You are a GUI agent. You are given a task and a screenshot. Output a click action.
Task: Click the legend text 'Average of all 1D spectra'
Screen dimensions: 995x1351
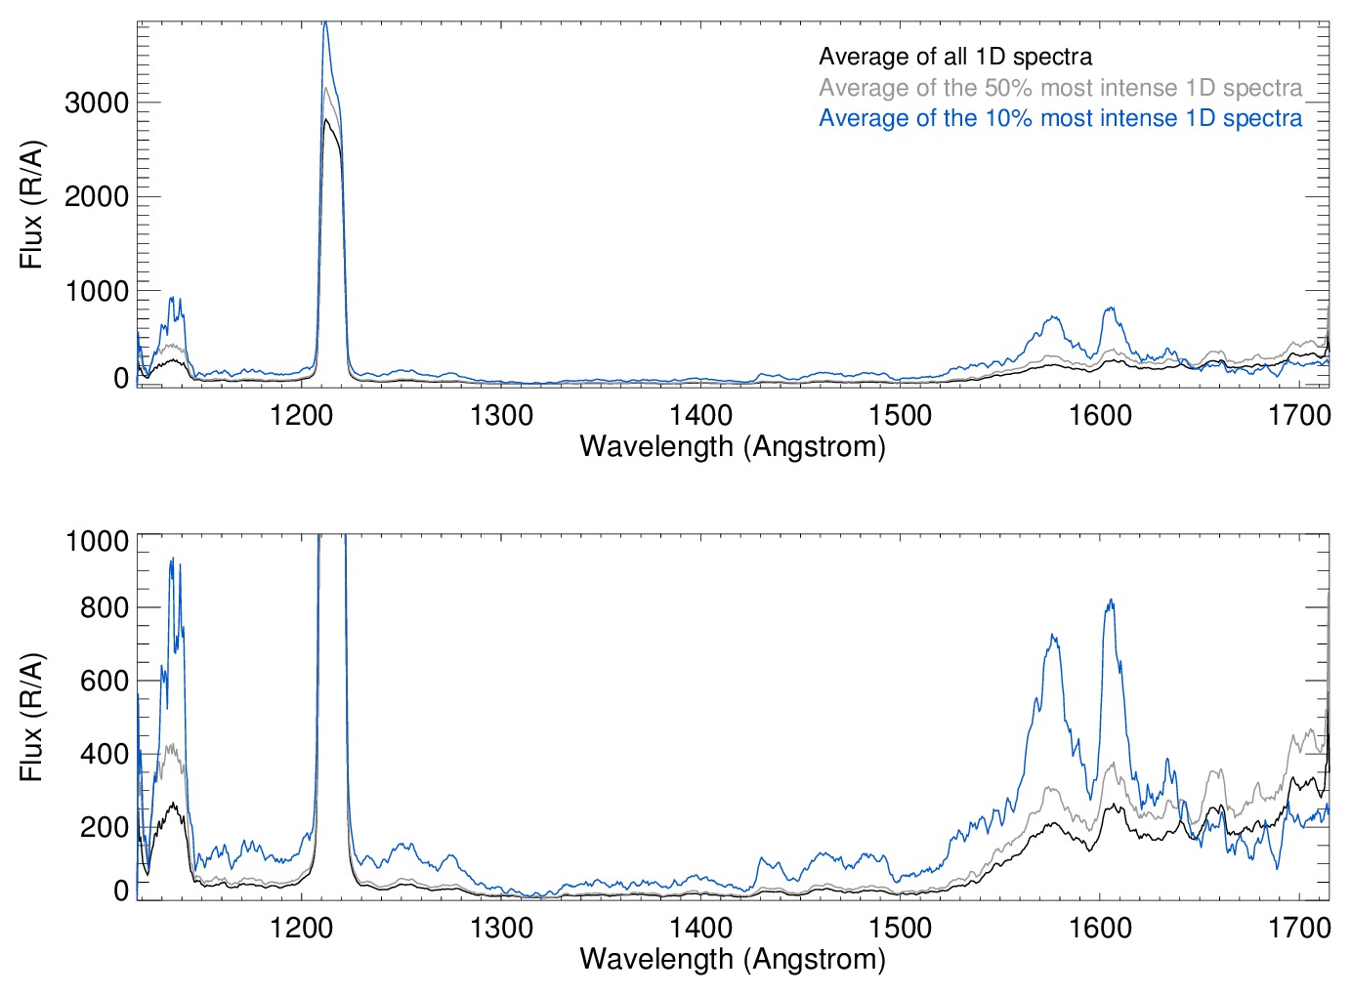[x=954, y=57]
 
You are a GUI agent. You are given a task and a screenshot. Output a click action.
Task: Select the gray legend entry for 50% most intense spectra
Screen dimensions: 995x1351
[x=1060, y=88]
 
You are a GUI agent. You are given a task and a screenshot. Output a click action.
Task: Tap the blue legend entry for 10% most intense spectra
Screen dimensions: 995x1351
[x=1060, y=118]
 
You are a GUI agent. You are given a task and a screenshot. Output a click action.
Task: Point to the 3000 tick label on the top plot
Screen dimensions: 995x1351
[x=97, y=103]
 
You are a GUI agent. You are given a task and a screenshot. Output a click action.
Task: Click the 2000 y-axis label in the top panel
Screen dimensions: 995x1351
[x=97, y=197]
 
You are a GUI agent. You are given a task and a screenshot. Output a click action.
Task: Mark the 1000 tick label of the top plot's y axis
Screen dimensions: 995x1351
[x=97, y=291]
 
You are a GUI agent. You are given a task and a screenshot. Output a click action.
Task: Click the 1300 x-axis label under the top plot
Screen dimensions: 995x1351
[x=501, y=415]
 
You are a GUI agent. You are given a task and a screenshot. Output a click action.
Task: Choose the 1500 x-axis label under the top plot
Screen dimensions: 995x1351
[x=900, y=415]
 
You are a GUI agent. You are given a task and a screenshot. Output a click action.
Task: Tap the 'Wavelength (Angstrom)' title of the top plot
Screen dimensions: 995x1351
[x=733, y=446]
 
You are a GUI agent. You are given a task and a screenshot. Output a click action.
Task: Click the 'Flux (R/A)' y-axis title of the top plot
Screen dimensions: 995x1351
[x=32, y=205]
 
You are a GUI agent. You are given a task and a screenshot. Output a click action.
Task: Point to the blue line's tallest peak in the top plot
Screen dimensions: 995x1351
[x=325, y=22]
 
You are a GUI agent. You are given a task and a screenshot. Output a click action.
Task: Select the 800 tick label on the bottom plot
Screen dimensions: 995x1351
[x=105, y=607]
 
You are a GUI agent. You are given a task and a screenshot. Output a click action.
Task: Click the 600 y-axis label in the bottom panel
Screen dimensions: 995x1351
[x=105, y=681]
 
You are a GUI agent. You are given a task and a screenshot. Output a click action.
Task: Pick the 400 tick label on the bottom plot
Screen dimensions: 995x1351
[x=105, y=754]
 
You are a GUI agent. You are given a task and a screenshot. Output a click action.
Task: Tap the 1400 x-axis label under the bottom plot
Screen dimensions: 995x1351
[x=700, y=927]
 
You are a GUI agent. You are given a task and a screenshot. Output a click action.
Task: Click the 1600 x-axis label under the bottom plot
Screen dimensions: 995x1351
[x=1100, y=927]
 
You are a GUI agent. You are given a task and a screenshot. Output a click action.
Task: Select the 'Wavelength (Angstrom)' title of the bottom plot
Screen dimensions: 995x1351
[x=733, y=959]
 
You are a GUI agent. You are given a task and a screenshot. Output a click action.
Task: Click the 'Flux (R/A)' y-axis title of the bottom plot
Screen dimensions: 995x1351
[x=32, y=718]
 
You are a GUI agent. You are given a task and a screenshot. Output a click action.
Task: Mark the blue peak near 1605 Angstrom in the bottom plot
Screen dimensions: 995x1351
[x=1110, y=601]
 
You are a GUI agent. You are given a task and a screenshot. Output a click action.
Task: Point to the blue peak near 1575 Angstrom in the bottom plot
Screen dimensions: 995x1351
[x=1052, y=636]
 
